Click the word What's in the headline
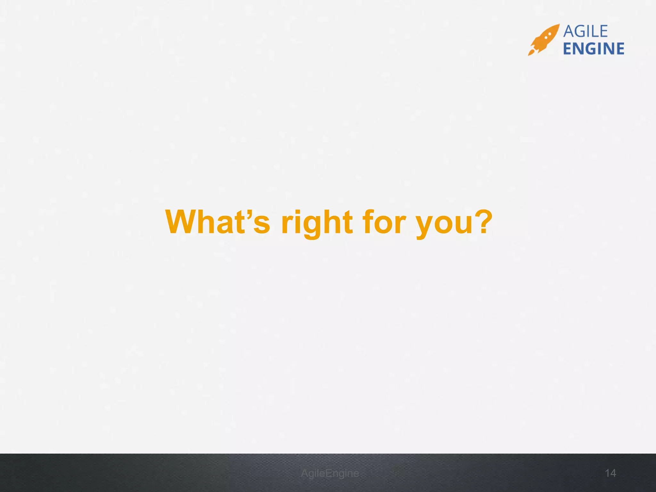pos(217,222)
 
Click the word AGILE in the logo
pos(585,31)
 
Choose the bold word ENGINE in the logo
pos(594,49)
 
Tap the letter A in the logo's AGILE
pos(569,31)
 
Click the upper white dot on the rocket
pos(550,33)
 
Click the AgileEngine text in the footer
pos(330,473)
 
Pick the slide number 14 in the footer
pos(611,473)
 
